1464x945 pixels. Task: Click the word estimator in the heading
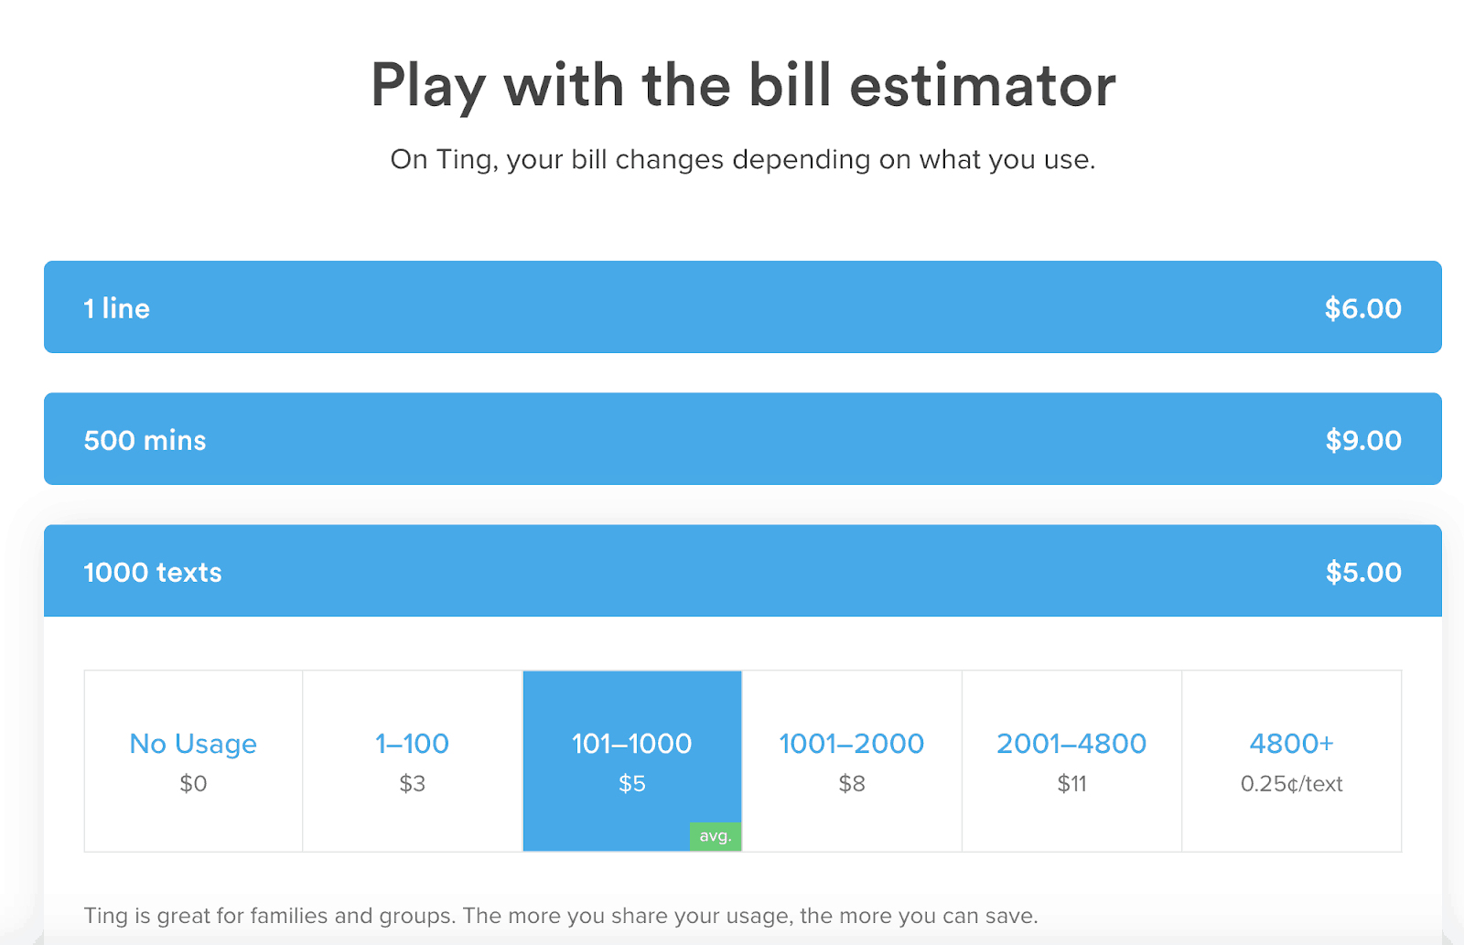click(983, 86)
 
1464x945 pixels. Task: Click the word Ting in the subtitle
click(463, 160)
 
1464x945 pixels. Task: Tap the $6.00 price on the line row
click(1362, 308)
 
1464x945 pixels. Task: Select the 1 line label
click(117, 308)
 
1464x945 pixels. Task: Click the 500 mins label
click(145, 440)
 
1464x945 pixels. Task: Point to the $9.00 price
click(1363, 440)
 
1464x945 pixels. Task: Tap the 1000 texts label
click(152, 573)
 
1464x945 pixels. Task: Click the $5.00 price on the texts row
click(1363, 573)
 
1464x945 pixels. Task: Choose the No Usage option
click(193, 744)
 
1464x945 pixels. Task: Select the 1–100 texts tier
click(412, 744)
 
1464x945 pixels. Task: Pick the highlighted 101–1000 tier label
click(632, 744)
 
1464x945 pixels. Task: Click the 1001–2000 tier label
click(852, 744)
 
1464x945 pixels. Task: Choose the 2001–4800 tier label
click(1071, 744)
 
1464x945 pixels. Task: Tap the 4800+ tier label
click(1291, 744)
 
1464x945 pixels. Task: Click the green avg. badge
click(716, 836)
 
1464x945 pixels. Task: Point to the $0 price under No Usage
click(193, 784)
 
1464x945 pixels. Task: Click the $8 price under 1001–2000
click(852, 784)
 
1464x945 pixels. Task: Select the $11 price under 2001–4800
click(1071, 784)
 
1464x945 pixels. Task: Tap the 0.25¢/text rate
click(1291, 784)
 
